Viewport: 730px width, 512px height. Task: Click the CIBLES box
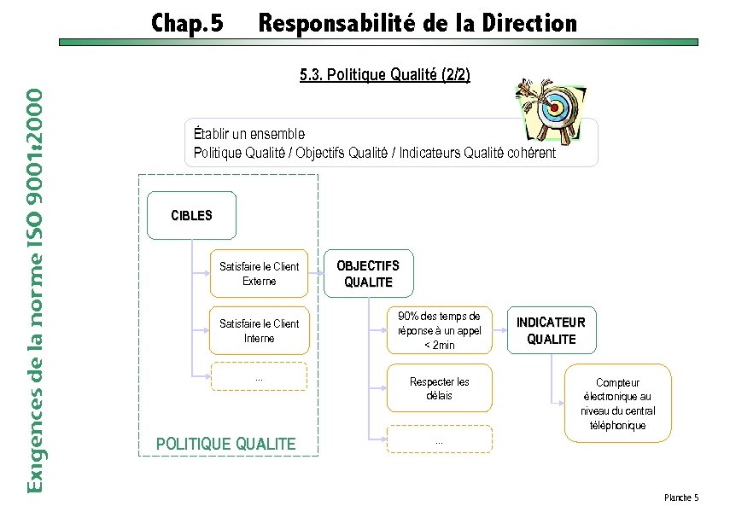pos(191,215)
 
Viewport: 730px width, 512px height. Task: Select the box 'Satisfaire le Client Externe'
pos(259,273)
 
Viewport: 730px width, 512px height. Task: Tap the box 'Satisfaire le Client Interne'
pos(259,330)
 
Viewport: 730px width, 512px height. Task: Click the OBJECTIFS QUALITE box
pos(367,274)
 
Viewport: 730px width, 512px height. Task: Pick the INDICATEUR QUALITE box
pos(551,330)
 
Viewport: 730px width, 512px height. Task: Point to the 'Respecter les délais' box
pos(439,388)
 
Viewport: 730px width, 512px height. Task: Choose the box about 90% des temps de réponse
pos(439,330)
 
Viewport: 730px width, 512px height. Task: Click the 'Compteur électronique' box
pos(618,403)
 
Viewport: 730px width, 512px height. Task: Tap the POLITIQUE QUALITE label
pos(226,443)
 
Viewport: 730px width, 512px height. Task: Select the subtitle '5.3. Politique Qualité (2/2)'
pos(384,75)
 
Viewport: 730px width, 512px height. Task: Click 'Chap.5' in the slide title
pos(187,23)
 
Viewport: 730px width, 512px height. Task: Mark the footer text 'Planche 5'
pos(680,497)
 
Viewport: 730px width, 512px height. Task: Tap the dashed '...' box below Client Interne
pos(259,376)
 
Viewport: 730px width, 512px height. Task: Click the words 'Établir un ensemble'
pos(248,133)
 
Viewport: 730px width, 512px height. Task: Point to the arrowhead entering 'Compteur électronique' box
pos(560,402)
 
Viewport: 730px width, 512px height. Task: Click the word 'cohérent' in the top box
pos(531,153)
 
